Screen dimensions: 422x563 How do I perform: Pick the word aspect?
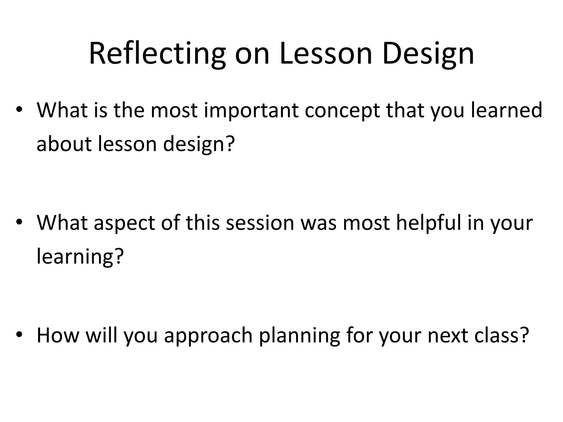click(x=124, y=223)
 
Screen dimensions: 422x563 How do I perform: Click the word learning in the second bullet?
click(x=74, y=257)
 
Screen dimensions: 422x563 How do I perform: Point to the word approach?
click(x=208, y=336)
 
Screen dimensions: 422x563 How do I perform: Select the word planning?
click(x=299, y=336)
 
